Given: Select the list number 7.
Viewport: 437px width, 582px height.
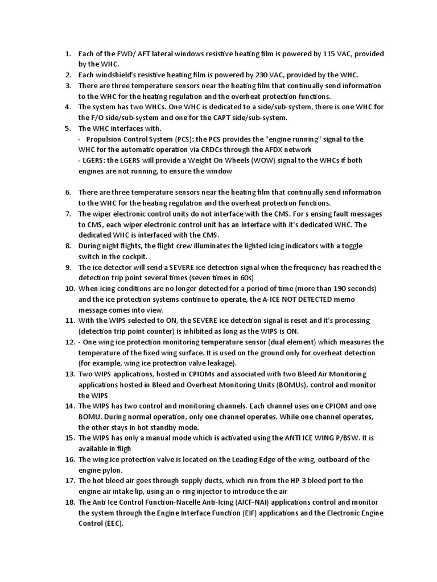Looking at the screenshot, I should point(67,214).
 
